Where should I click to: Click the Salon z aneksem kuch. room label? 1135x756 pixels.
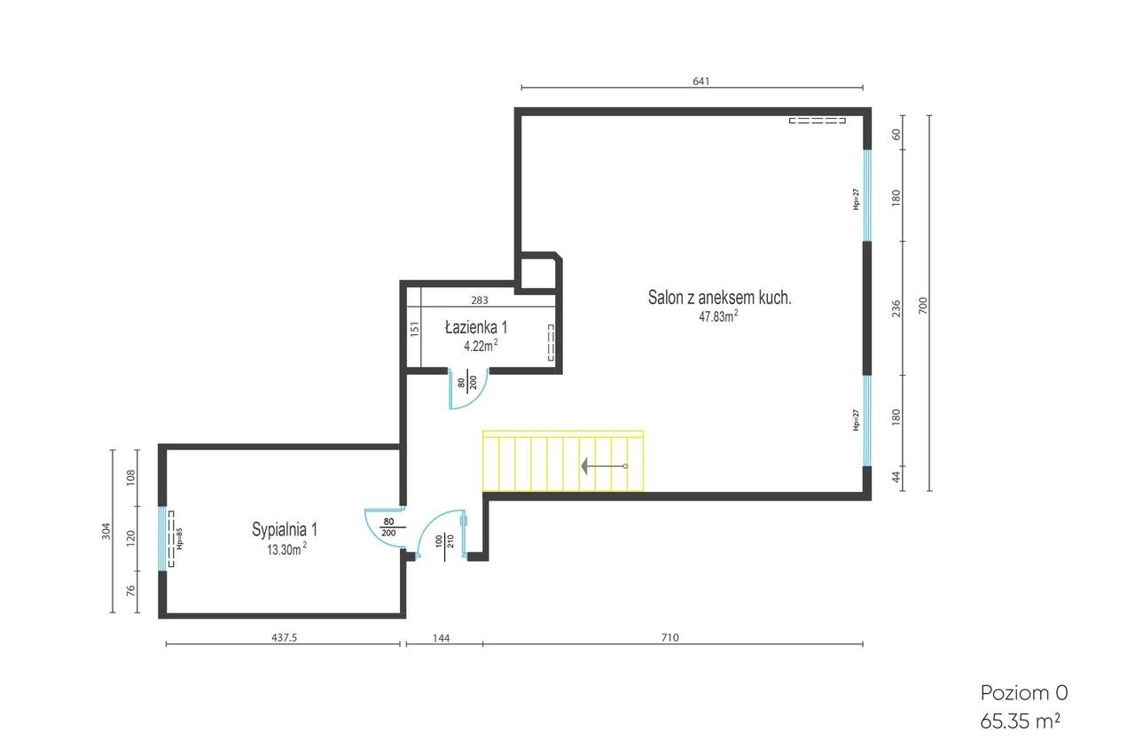pyautogui.click(x=719, y=299)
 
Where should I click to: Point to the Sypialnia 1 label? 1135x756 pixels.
pyautogui.click(x=285, y=530)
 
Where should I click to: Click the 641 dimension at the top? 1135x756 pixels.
pyautogui.click(x=701, y=81)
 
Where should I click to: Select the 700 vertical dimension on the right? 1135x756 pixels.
pyautogui.click(x=922, y=307)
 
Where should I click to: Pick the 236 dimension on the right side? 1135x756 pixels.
pyautogui.click(x=896, y=308)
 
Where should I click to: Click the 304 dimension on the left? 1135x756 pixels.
pyautogui.click(x=106, y=532)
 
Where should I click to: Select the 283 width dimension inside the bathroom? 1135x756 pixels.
pyautogui.click(x=480, y=300)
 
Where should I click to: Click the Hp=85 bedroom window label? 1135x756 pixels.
pyautogui.click(x=178, y=539)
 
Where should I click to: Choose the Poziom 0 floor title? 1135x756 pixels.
pyautogui.click(x=1017, y=692)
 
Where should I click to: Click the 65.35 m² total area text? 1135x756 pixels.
pyautogui.click(x=1020, y=721)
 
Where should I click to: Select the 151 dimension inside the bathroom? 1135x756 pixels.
pyautogui.click(x=414, y=329)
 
